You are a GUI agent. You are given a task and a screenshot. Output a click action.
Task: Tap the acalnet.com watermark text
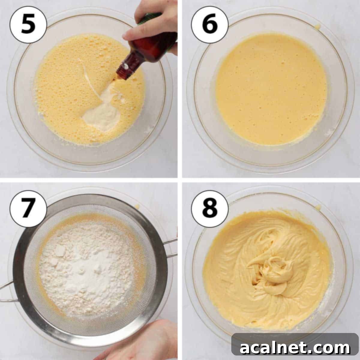click(295, 348)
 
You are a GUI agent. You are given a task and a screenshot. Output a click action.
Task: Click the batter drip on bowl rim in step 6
click(317, 27)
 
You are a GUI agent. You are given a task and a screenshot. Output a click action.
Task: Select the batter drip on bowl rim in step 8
click(318, 207)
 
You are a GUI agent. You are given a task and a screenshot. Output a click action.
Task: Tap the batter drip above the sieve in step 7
click(137, 206)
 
